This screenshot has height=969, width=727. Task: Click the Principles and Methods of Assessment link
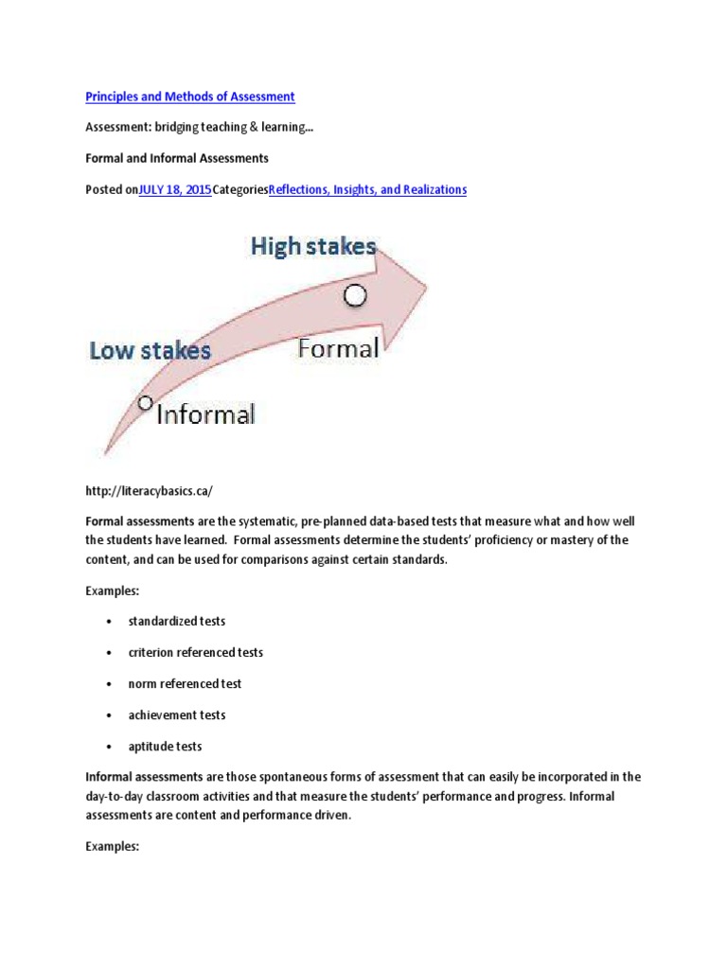click(190, 97)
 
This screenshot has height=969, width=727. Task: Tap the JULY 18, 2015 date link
click(175, 189)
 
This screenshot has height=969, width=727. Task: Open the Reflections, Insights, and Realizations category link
click(367, 189)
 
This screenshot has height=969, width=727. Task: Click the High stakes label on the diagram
click(313, 247)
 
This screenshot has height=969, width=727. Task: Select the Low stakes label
click(151, 351)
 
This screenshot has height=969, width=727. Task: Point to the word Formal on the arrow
click(338, 348)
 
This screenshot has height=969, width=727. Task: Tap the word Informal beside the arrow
click(204, 414)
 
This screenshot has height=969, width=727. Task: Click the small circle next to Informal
click(145, 403)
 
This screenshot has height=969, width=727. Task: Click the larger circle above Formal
click(354, 296)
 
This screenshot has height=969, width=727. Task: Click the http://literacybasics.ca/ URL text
click(150, 490)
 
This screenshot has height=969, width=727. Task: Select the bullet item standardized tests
click(177, 622)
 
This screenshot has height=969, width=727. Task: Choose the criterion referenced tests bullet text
click(196, 653)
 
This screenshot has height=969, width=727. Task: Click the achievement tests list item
click(177, 715)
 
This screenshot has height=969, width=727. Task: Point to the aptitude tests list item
click(166, 747)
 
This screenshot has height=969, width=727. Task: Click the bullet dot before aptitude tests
click(109, 747)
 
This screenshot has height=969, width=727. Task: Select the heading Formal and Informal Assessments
click(177, 158)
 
